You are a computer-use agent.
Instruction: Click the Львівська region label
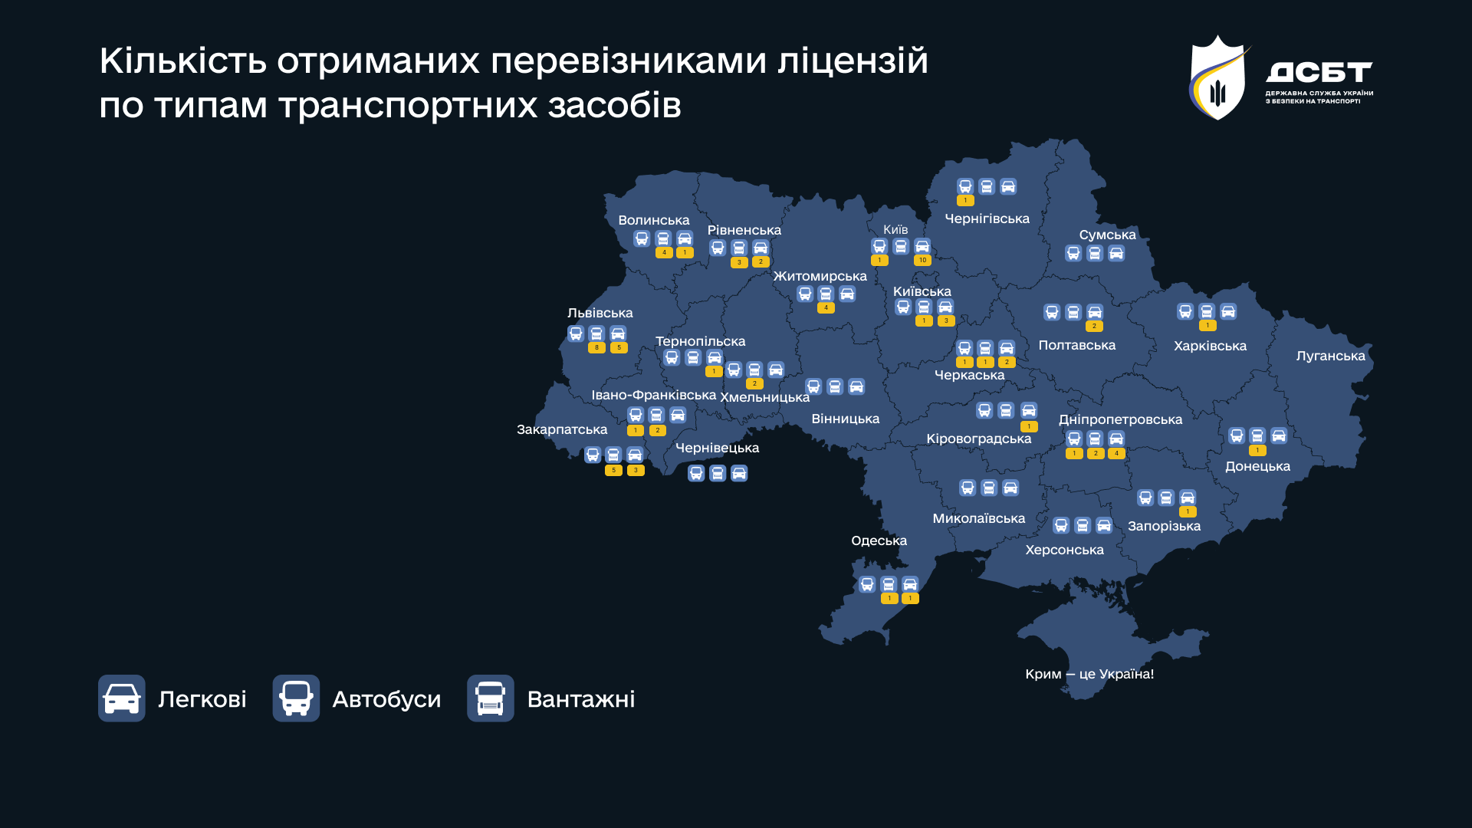(600, 313)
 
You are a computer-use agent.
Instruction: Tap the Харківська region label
(1210, 346)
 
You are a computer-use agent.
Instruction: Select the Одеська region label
(879, 540)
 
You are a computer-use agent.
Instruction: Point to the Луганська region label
(1330, 356)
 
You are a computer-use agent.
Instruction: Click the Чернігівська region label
(987, 219)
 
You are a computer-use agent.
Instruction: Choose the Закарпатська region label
(561, 429)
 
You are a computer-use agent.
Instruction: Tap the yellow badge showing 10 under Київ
(922, 261)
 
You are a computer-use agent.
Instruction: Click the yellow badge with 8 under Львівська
(596, 348)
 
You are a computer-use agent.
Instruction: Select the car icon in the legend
(122, 698)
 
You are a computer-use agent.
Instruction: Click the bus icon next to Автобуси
(296, 698)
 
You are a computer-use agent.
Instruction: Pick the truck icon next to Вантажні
(491, 698)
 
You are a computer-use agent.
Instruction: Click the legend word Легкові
(202, 699)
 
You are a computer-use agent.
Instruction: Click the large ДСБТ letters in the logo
(1319, 72)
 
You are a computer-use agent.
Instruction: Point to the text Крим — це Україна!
(1089, 674)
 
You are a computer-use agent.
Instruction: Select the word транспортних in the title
(409, 105)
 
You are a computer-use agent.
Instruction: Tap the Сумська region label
(1107, 235)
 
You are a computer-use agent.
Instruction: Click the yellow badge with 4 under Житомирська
(826, 308)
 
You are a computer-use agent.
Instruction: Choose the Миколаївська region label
(978, 518)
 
